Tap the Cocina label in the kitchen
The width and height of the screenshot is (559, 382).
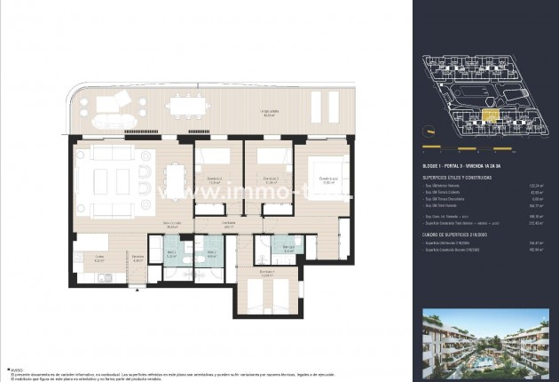point(99,260)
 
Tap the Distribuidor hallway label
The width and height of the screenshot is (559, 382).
point(228,225)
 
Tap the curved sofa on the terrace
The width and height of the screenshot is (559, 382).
point(106,116)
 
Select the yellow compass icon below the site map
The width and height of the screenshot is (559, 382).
point(429,146)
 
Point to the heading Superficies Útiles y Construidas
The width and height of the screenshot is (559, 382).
point(458,178)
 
